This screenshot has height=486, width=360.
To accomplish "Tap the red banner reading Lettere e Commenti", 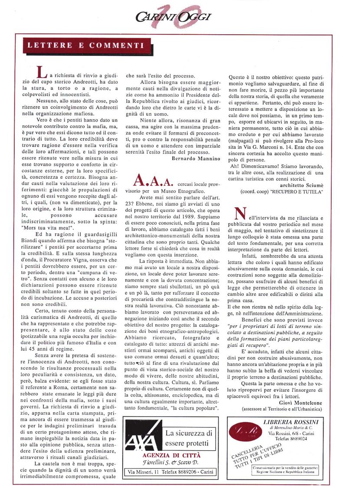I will pyautogui.click(x=86, y=45).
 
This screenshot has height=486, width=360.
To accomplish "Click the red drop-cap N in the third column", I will pyautogui.click(x=239, y=213).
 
